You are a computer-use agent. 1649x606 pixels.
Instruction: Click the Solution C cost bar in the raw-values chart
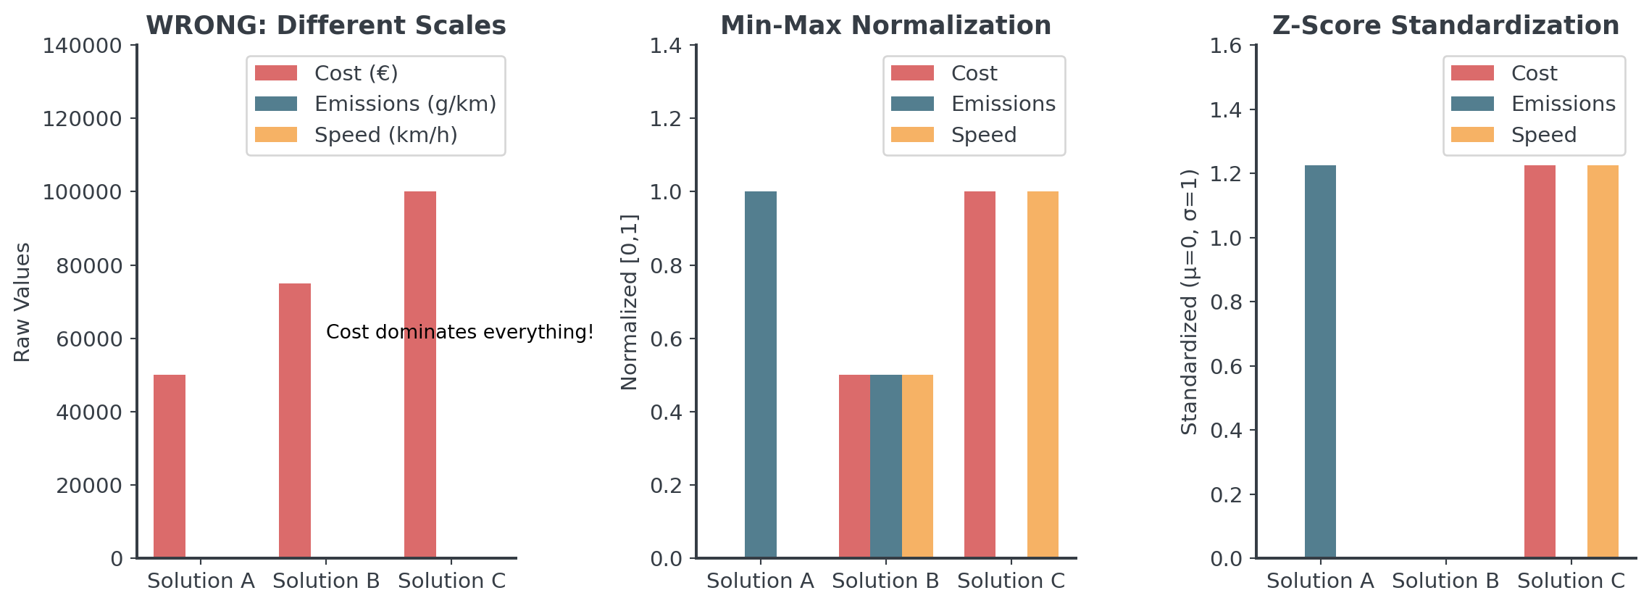[419, 374]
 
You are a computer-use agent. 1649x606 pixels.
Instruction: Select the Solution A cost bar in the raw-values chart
[170, 465]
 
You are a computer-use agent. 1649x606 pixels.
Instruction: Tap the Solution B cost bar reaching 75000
[295, 420]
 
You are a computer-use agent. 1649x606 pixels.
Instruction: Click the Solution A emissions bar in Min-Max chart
[760, 374]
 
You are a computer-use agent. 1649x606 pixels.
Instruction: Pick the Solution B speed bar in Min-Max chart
[917, 465]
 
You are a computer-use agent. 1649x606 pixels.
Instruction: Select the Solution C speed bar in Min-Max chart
[1043, 374]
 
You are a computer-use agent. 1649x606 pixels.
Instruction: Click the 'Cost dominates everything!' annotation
[459, 332]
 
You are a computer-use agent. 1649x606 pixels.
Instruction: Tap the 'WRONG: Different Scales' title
[326, 25]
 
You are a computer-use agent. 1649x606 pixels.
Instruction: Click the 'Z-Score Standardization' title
[1445, 25]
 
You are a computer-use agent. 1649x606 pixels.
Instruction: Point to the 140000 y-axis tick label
[82, 46]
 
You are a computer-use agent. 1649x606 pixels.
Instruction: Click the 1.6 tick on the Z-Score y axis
[1225, 46]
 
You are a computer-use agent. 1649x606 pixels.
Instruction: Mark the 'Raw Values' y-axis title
[22, 302]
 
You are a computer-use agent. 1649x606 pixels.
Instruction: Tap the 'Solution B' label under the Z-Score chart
[1445, 581]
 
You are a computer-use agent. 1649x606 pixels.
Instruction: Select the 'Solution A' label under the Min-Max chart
[760, 581]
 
